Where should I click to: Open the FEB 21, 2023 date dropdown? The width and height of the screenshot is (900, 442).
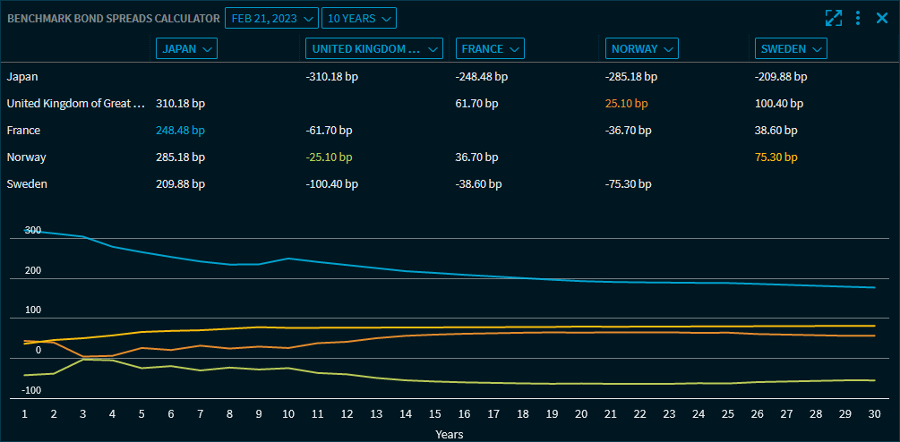(270, 18)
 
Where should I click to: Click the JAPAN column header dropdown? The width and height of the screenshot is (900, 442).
(186, 49)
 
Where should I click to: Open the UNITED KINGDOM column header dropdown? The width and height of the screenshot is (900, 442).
(373, 49)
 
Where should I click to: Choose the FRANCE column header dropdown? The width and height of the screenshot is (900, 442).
(489, 49)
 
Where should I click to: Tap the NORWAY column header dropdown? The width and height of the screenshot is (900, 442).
(641, 49)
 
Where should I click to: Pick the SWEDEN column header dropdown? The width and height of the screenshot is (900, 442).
(791, 49)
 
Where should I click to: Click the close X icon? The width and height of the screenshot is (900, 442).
(882, 18)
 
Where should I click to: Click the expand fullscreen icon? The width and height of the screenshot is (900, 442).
(834, 18)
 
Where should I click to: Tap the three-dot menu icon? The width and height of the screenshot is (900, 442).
(858, 18)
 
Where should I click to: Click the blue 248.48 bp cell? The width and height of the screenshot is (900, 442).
(180, 131)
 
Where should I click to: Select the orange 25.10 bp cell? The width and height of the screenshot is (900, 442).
(626, 104)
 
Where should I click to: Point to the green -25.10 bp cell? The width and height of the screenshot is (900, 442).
(329, 157)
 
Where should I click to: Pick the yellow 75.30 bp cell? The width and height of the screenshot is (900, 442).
(776, 157)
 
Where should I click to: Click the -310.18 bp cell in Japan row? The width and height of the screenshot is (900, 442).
(331, 77)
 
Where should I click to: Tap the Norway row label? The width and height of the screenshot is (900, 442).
(26, 157)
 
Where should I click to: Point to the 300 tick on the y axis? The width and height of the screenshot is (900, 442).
(32, 231)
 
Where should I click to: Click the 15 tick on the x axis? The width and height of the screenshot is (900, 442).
(434, 414)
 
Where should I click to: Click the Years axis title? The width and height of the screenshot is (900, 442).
(450, 434)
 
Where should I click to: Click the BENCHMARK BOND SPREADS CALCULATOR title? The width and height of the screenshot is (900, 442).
(113, 18)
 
